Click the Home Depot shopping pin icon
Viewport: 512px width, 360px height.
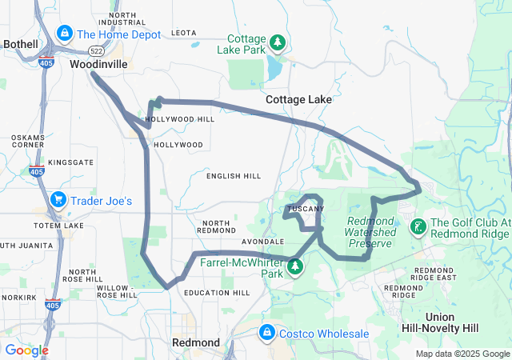click(x=65, y=34)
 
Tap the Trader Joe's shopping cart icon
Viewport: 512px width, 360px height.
click(x=58, y=200)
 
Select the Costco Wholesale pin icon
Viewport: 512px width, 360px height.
click(x=266, y=332)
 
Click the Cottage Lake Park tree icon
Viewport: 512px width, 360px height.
click(x=277, y=42)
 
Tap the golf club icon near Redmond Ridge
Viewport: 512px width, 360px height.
click(x=418, y=227)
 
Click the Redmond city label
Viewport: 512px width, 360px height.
click(x=196, y=342)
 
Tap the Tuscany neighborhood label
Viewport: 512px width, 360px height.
click(x=306, y=209)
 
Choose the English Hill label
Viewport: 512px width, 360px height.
click(x=234, y=175)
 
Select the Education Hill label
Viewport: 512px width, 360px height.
click(x=217, y=292)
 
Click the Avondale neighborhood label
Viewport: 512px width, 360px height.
click(x=263, y=241)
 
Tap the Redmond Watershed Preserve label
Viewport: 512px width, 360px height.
click(x=371, y=231)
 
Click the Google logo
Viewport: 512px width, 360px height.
click(x=26, y=350)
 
